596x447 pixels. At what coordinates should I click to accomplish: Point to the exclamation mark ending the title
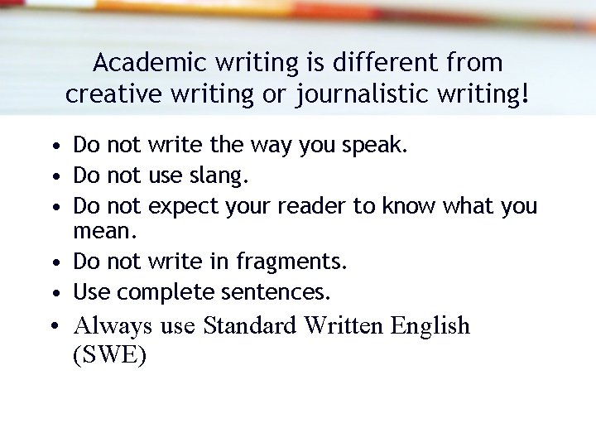tap(525, 94)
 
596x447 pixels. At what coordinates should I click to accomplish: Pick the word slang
tap(219, 175)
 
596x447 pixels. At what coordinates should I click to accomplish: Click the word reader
tap(314, 205)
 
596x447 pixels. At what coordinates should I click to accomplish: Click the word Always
tap(113, 326)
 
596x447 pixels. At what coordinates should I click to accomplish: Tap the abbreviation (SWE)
tap(110, 356)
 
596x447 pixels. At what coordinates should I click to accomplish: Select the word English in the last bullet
tap(430, 326)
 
